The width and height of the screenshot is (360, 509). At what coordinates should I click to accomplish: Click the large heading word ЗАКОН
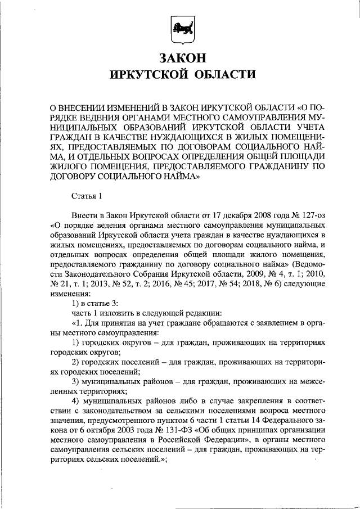(x=179, y=58)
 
